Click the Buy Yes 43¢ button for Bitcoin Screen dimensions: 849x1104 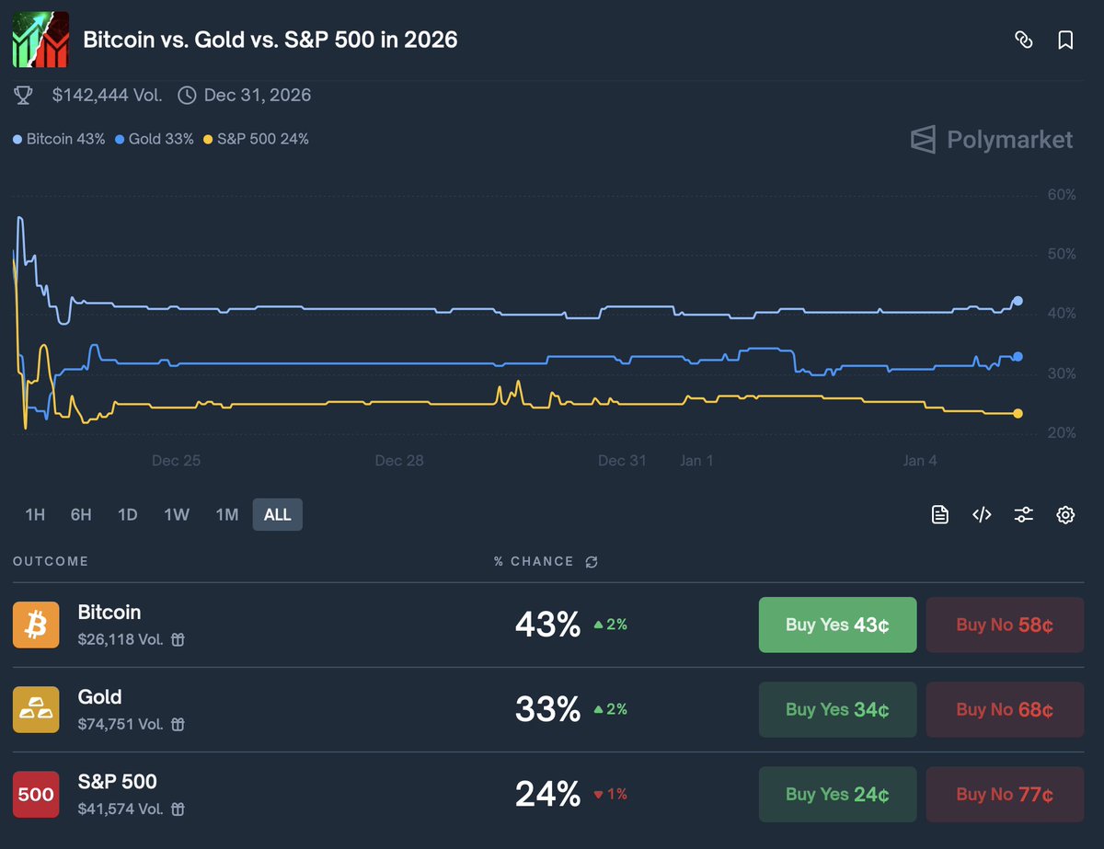[x=837, y=625]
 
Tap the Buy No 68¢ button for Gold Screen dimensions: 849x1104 [x=1005, y=709]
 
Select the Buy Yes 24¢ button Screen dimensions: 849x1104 [x=837, y=794]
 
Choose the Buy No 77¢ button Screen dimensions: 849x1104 [x=1005, y=794]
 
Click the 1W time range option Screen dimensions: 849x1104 [x=177, y=514]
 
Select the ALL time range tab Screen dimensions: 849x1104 [x=277, y=514]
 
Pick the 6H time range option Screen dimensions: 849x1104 [x=81, y=514]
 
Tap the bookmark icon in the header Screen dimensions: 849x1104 [x=1065, y=40]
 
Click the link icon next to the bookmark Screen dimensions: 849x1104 [x=1023, y=40]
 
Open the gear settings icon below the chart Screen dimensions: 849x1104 [x=1065, y=514]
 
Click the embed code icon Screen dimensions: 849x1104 [x=982, y=514]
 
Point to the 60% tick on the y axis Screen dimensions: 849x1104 [x=1062, y=194]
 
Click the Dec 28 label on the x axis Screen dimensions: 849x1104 [x=399, y=460]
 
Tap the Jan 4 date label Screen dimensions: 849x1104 [x=920, y=460]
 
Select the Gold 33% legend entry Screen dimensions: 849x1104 [x=155, y=140]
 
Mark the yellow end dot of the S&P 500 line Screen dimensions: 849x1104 [x=1018, y=414]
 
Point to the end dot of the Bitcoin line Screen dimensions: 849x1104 [x=1018, y=301]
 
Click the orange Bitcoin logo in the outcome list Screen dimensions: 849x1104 [x=36, y=625]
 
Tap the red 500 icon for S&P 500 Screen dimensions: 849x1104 [x=36, y=794]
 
